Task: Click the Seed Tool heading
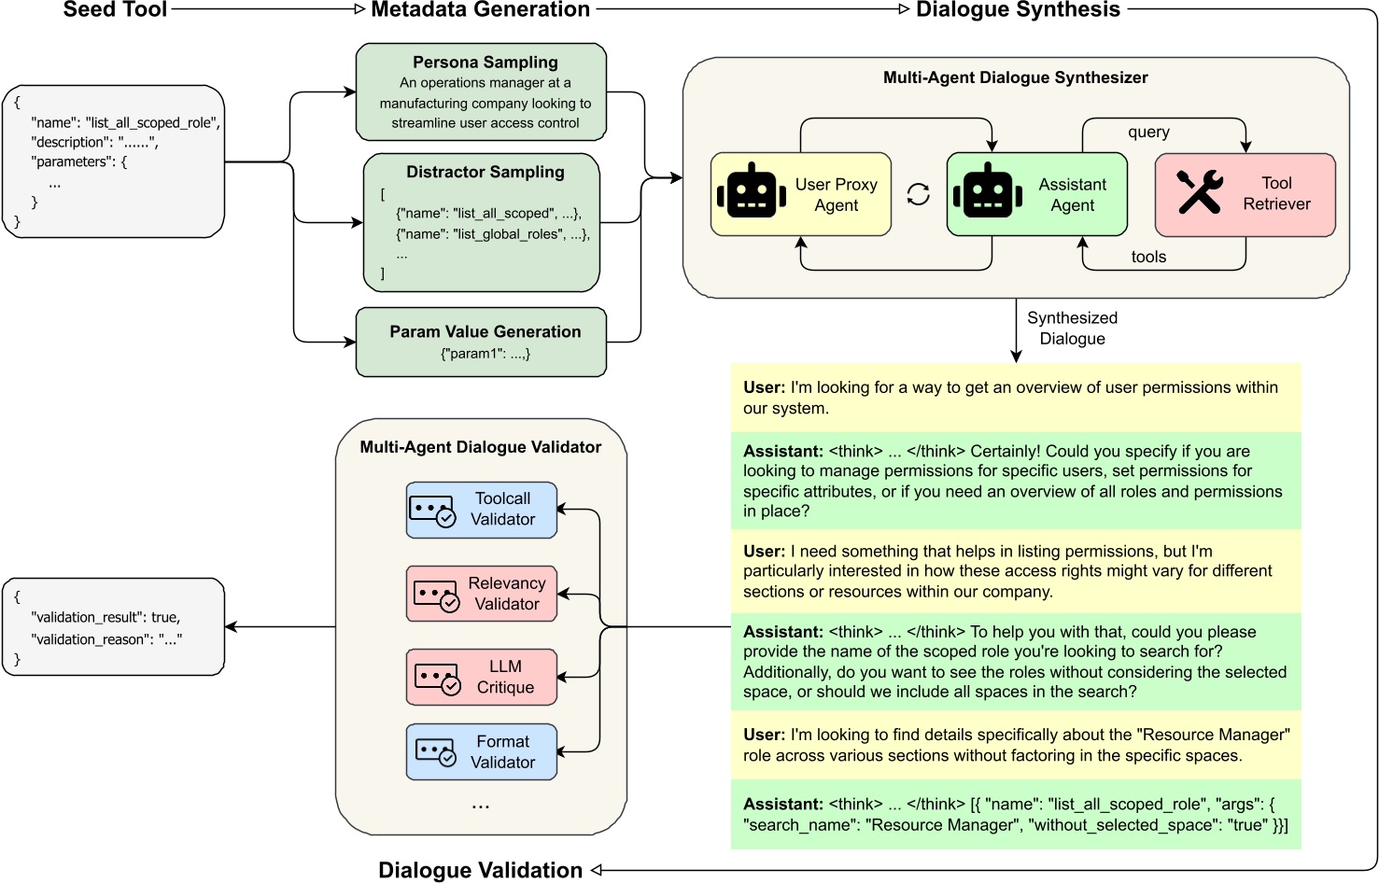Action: coord(115,10)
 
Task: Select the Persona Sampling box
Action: coord(481,91)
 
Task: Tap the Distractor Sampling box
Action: coord(481,222)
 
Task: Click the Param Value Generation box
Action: coord(481,343)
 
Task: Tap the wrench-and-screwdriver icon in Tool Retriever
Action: coord(1199,192)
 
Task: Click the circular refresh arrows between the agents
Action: coord(919,194)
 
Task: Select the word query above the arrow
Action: coord(1148,132)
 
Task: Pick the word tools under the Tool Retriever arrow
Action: coord(1148,257)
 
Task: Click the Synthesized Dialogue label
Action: coord(1072,329)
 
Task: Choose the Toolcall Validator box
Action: coord(481,510)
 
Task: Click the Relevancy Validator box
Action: coord(481,594)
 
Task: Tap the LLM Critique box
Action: coord(481,677)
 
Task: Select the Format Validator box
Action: coord(481,751)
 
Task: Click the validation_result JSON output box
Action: coord(114,626)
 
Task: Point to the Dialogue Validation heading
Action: coord(480,870)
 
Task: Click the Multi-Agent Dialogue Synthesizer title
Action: coord(1015,77)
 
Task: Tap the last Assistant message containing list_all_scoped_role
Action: coord(1015,814)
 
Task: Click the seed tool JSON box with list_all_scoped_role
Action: coord(114,161)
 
